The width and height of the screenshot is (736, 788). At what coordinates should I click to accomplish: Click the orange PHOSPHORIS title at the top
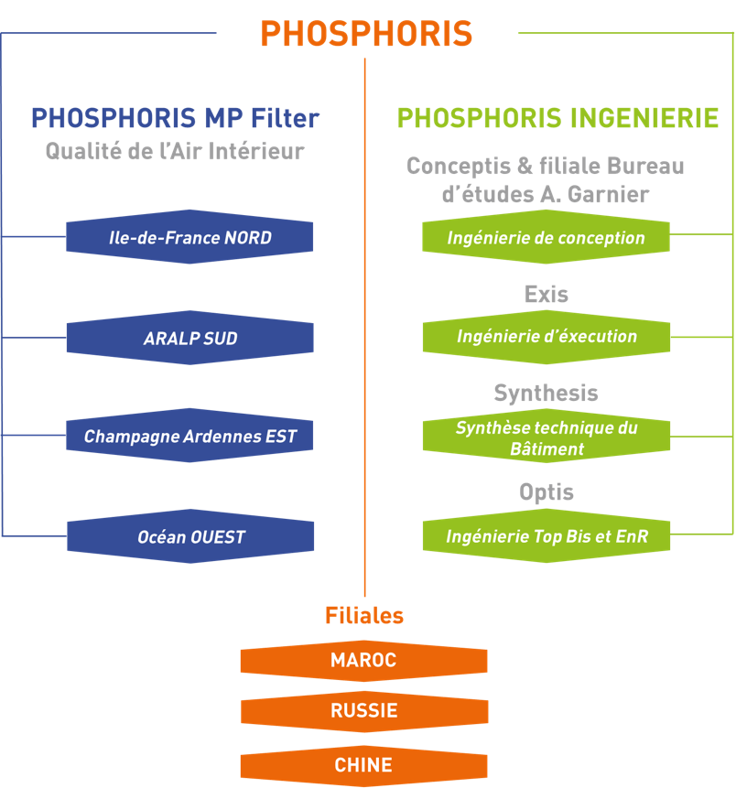pyautogui.click(x=366, y=34)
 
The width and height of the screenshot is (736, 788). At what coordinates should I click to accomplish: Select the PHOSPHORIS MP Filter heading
pyautogui.click(x=175, y=118)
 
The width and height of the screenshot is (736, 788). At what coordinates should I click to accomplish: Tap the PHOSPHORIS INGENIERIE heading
pyautogui.click(x=557, y=118)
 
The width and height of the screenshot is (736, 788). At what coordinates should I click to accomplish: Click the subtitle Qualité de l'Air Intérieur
pyautogui.click(x=175, y=152)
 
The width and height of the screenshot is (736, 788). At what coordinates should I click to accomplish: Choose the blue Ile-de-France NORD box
pyautogui.click(x=189, y=238)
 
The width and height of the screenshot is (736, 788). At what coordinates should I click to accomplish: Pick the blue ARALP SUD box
pyautogui.click(x=189, y=339)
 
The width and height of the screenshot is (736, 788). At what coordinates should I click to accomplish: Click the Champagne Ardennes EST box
pyautogui.click(x=189, y=437)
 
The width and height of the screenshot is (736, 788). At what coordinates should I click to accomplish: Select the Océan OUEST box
pyautogui.click(x=189, y=537)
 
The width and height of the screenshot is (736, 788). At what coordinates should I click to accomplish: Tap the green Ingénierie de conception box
pyautogui.click(x=546, y=238)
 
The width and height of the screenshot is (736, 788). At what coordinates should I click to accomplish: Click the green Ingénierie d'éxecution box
pyautogui.click(x=546, y=337)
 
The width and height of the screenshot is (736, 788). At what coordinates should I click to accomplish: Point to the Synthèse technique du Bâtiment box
pyautogui.click(x=546, y=437)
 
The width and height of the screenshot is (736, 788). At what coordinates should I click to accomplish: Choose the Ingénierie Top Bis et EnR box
pyautogui.click(x=546, y=536)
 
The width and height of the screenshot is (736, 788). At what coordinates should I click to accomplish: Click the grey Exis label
pyautogui.click(x=547, y=294)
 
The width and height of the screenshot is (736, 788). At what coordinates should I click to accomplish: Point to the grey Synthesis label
pyautogui.click(x=546, y=394)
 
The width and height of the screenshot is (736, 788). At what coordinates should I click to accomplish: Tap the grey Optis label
pyautogui.click(x=547, y=492)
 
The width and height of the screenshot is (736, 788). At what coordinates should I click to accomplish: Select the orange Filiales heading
pyautogui.click(x=364, y=616)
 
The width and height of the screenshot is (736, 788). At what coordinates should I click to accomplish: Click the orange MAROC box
pyautogui.click(x=363, y=661)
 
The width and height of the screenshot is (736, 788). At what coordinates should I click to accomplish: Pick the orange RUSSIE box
pyautogui.click(x=363, y=711)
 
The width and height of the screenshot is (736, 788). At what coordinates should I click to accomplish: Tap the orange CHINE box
pyautogui.click(x=363, y=765)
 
